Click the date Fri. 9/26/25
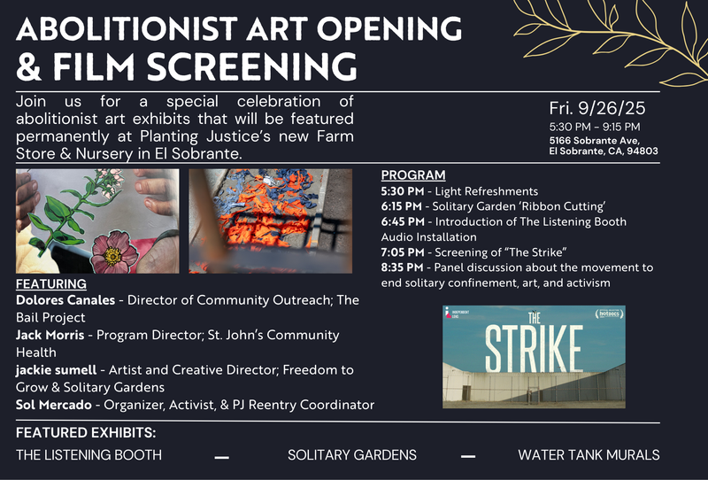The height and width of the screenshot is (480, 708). coord(597,108)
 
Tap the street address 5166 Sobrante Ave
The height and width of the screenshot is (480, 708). coord(594,141)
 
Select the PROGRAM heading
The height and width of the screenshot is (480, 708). coord(413,175)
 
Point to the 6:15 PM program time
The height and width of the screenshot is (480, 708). coord(401,206)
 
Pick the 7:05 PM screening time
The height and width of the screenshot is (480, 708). coord(403,252)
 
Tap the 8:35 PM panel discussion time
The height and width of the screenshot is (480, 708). coord(402,267)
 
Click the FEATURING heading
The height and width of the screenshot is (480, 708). coord(51,284)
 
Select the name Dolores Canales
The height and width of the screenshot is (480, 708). coord(65,300)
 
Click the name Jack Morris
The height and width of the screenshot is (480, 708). coord(50,335)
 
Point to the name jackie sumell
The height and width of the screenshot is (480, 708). coord(56,370)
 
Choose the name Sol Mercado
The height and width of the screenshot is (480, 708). coord(54,405)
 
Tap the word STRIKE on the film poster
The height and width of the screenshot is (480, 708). coord(534,348)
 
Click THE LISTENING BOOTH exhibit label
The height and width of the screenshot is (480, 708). coord(89,454)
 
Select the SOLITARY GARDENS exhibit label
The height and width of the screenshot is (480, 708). coord(352,454)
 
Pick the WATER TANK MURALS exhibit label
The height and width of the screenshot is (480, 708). coord(589,454)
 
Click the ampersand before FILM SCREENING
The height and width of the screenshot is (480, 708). coord(28,66)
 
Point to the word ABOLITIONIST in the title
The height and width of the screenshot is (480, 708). coord(127,29)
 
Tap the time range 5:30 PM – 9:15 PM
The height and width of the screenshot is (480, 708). coord(595,127)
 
